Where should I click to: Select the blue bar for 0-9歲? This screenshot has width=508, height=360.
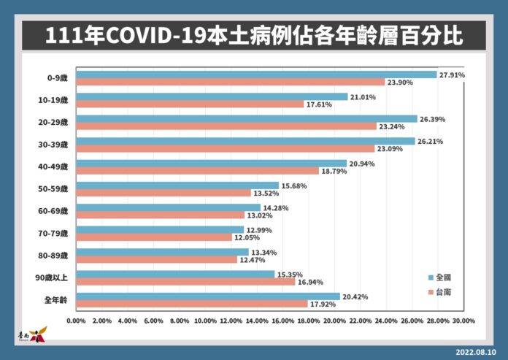255,74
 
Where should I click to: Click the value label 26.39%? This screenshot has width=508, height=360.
433,119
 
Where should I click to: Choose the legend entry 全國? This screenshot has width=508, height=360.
443,277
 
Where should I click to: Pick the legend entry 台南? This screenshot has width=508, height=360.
443,292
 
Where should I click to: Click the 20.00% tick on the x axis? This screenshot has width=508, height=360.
334,321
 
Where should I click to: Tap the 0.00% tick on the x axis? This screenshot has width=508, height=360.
76,321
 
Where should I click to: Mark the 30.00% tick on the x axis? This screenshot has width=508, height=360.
463,321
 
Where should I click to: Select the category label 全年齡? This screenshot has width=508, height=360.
56,300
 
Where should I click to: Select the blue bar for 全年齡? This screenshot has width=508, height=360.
207,296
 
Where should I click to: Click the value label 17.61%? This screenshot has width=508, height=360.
320,104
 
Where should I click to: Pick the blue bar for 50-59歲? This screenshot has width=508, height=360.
177,185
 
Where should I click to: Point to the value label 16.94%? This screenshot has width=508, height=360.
312,282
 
